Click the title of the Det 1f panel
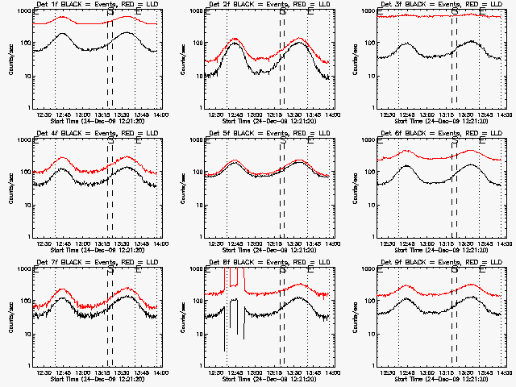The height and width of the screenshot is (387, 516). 97,5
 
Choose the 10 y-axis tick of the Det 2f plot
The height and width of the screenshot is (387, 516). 197,76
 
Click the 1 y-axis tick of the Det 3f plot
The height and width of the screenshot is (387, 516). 372,108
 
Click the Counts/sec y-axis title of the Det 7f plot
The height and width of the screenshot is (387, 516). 10,317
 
